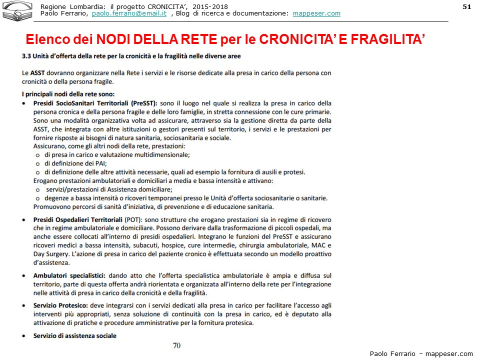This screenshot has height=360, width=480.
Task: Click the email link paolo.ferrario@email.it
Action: pyautogui.click(x=129, y=13)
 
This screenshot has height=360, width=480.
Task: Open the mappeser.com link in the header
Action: pyautogui.click(x=316, y=13)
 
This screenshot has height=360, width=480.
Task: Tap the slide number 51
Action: pyautogui.click(x=467, y=6)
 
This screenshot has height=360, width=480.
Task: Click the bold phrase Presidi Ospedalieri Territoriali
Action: pyautogui.click(x=77, y=219)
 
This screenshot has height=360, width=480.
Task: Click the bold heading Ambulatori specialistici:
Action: pyautogui.click(x=69, y=275)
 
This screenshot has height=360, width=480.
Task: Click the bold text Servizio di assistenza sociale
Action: pyautogui.click(x=74, y=335)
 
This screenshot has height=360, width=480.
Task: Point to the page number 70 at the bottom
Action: pyautogui.click(x=176, y=345)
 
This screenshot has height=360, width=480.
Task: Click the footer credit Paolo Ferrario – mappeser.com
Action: pyautogui.click(x=421, y=353)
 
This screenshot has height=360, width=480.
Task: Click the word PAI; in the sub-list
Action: pyautogui.click(x=98, y=163)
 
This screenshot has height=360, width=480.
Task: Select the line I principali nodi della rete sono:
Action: pyautogui.click(x=68, y=93)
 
